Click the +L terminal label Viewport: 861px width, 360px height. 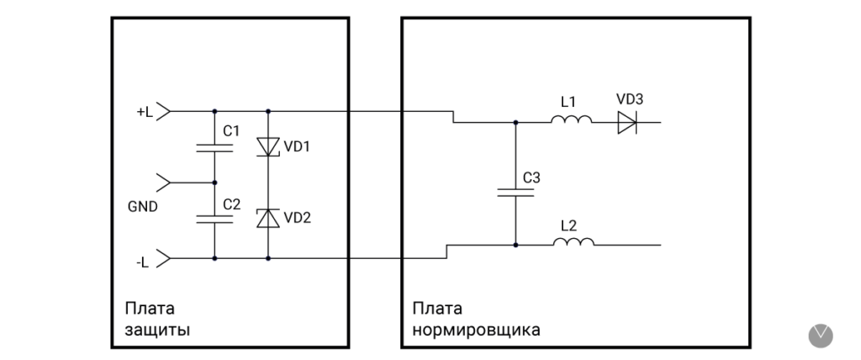tap(145, 111)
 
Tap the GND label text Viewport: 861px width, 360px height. tap(141, 204)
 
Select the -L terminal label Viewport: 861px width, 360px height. tap(143, 262)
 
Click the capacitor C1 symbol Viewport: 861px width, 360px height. tap(214, 147)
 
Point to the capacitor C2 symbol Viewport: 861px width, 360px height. tap(214, 218)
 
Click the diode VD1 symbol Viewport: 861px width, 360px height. tap(268, 147)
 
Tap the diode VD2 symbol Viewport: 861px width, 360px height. tap(268, 218)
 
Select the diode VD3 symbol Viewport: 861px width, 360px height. tap(627, 123)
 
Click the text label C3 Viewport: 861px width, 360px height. tap(531, 178)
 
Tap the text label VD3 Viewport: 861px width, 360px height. tap(630, 99)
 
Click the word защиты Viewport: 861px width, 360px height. tap(156, 329)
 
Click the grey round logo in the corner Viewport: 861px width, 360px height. tap(820, 335)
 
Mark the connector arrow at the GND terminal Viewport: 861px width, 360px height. tap(165, 182)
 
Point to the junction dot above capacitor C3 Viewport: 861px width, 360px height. tap(515, 123)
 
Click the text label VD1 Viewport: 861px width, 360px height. tap(297, 146)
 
